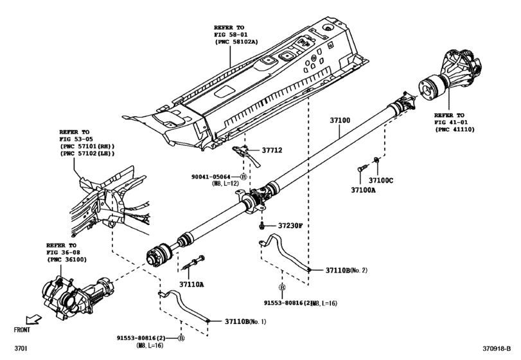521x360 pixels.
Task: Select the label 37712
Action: tap(270, 150)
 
